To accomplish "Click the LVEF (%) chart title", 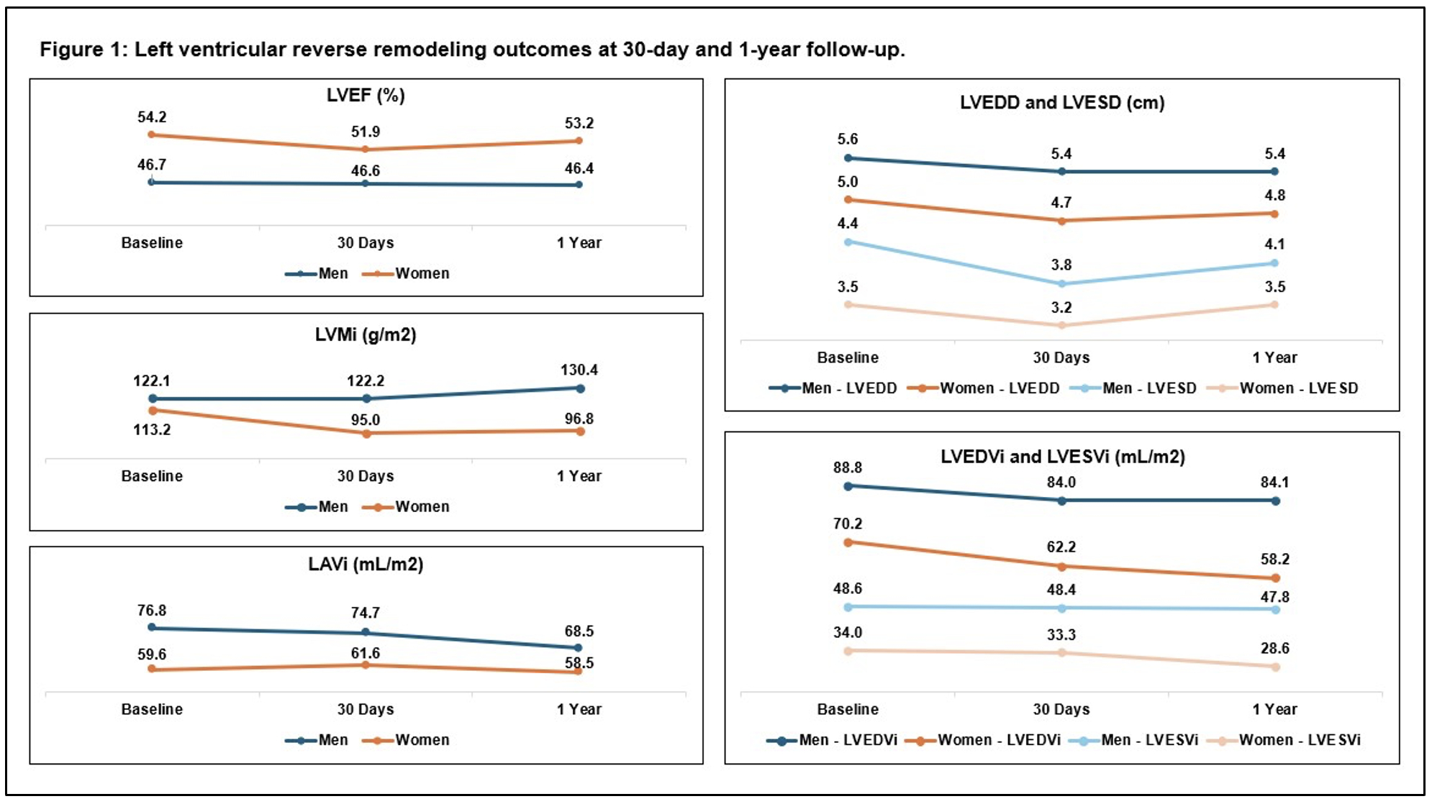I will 366,96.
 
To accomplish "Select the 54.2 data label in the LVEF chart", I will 152,117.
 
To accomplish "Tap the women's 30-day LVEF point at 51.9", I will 365,150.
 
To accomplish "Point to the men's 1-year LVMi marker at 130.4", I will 580,388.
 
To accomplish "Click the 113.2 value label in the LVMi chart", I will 152,430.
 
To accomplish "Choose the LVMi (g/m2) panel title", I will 366,335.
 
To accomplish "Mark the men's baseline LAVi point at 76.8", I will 152,627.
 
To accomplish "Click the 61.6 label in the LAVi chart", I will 366,653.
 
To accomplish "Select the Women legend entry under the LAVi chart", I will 422,740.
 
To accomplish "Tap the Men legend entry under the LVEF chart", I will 332,274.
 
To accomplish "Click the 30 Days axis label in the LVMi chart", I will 366,476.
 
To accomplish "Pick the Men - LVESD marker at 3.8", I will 1061,283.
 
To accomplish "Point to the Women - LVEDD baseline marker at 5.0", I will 848,200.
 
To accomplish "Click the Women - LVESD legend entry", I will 1298,388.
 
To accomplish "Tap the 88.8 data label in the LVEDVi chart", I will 848,467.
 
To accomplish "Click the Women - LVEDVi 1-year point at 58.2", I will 1275,578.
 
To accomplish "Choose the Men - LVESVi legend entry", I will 1149,740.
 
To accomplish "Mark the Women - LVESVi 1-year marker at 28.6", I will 1275,667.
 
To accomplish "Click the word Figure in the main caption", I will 70,50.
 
